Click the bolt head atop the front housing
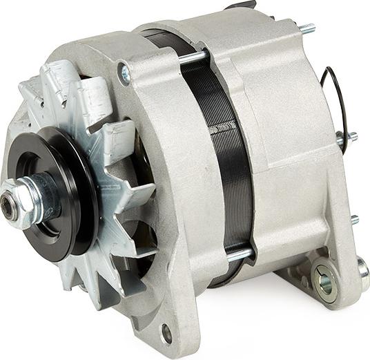tap(126, 73)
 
